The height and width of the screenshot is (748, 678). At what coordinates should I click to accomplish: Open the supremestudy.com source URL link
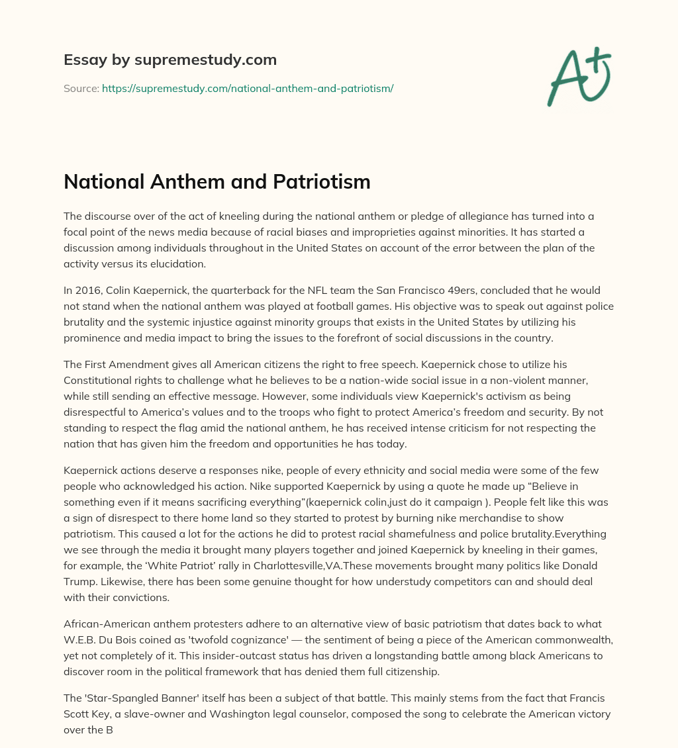click(248, 88)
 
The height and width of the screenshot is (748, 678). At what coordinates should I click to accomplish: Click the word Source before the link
click(81, 88)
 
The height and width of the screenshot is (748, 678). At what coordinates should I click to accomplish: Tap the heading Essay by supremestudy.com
click(170, 60)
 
